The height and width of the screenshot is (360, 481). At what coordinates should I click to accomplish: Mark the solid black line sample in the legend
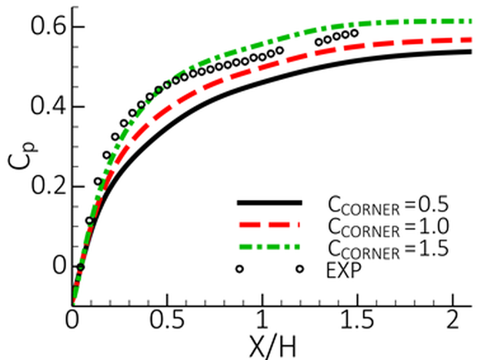click(269, 203)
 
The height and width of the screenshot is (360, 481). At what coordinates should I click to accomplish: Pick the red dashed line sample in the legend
click(269, 225)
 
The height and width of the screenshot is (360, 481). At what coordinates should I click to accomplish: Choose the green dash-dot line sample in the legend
click(269, 248)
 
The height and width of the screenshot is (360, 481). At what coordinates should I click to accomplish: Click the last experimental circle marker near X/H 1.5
click(355, 33)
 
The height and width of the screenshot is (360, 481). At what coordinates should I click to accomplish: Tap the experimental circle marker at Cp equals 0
click(80, 267)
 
